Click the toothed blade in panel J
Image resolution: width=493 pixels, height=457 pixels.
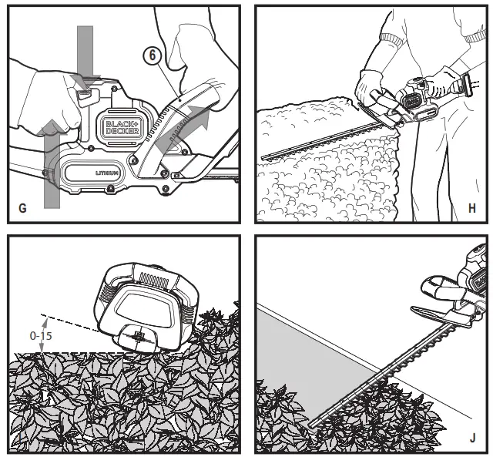385,370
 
